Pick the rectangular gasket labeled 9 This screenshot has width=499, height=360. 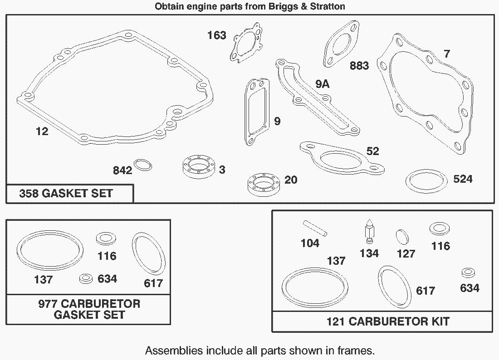click(x=248, y=111)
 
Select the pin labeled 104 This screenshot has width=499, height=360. click(x=315, y=229)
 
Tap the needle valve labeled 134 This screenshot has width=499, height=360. click(x=369, y=231)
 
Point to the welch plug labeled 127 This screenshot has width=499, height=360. click(x=402, y=237)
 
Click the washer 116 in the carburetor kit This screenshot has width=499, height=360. click(x=440, y=229)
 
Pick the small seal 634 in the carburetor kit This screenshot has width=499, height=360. click(x=468, y=273)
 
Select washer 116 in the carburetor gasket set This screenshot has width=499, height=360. click(x=106, y=239)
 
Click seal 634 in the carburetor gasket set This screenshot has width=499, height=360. click(x=86, y=278)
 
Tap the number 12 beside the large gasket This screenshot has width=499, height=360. click(x=42, y=131)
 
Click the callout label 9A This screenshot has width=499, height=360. click(x=323, y=84)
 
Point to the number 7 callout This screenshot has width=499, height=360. click(x=447, y=54)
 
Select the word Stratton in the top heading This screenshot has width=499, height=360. click(x=328, y=6)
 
